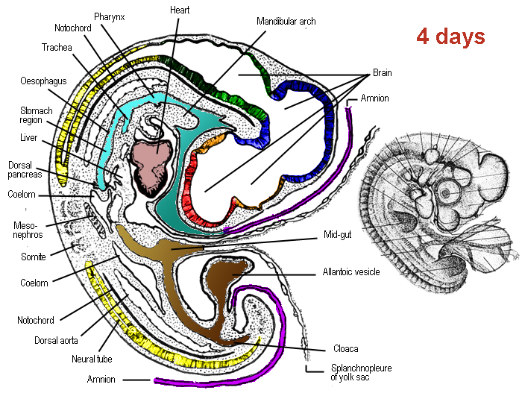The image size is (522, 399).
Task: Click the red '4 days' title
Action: [450, 36]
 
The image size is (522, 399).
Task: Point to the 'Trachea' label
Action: [56, 47]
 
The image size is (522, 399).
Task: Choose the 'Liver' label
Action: [29, 138]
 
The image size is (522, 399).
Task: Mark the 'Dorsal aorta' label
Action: [43, 340]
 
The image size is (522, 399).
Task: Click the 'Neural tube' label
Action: [91, 359]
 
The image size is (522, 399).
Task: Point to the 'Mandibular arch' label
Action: [286, 22]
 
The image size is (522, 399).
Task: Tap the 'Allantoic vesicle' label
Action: [350, 272]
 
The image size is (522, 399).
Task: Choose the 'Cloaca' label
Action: [340, 349]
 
